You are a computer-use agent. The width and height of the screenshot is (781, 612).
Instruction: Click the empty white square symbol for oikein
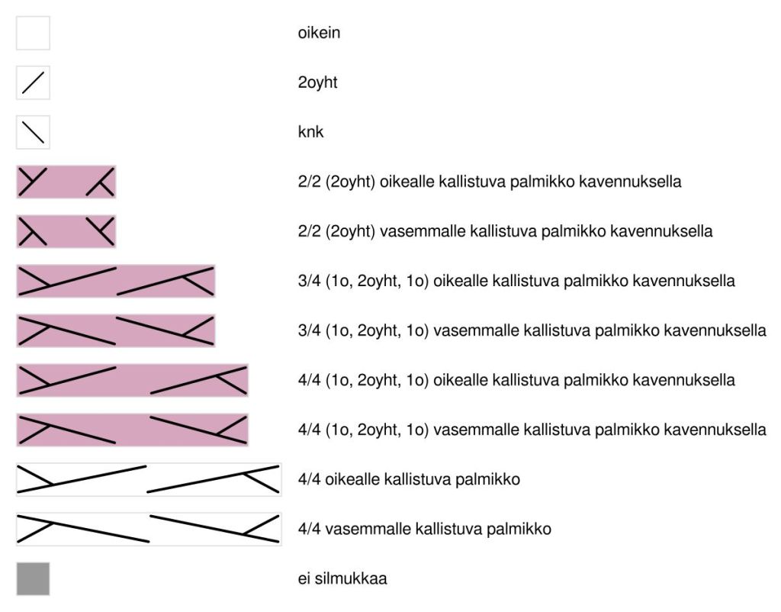point(33,33)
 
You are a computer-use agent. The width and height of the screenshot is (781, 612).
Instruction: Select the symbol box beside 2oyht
point(33,82)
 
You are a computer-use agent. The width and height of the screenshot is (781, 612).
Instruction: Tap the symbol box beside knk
point(33,132)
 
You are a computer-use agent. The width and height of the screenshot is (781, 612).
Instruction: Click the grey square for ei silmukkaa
point(33,578)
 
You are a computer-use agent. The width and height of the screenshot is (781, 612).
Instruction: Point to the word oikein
point(319,33)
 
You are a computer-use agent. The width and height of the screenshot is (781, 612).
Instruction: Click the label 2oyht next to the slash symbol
point(317,82)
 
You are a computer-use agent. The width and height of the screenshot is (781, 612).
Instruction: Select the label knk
point(310,132)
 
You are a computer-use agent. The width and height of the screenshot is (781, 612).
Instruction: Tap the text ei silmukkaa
point(342,578)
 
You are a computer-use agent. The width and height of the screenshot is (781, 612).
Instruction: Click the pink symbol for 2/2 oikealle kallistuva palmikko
point(66,182)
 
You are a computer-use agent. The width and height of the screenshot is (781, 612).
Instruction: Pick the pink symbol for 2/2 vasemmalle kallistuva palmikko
point(66,231)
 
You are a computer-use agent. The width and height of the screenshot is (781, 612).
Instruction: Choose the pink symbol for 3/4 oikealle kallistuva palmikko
point(116,281)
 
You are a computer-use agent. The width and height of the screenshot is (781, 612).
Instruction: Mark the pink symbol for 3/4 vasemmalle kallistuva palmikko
point(116,330)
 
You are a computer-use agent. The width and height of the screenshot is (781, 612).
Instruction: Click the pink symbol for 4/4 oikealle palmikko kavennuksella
point(132,380)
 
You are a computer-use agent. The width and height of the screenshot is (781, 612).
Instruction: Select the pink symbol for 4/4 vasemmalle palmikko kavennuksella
point(132,430)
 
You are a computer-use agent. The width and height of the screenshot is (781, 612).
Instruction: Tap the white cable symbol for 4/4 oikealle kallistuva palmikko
point(149,479)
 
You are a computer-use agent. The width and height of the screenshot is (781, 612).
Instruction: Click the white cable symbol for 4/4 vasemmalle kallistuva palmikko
point(149,529)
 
